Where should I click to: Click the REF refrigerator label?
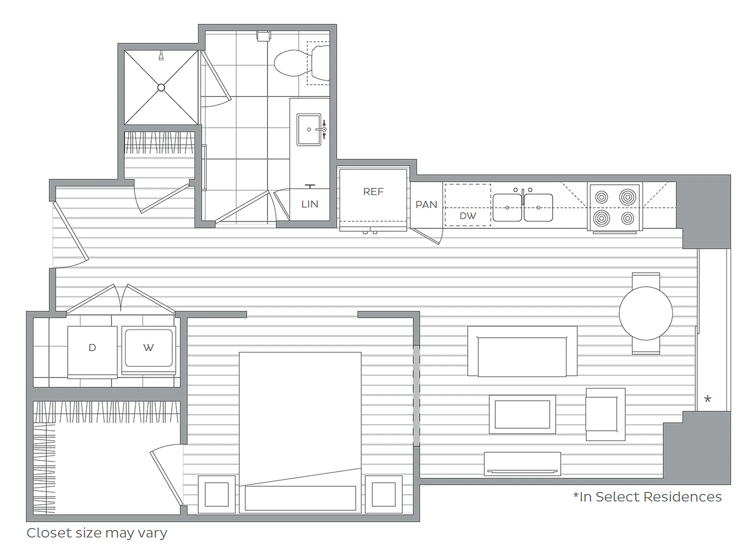click(373, 191)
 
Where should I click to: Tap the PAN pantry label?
click(426, 204)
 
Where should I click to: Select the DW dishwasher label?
click(468, 216)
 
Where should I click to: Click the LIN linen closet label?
click(309, 204)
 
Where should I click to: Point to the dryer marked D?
click(92, 351)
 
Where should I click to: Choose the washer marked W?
click(148, 350)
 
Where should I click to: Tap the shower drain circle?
click(161, 87)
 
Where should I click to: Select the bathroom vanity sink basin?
click(309, 129)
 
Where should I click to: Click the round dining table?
click(646, 313)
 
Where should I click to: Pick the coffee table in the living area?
click(522, 414)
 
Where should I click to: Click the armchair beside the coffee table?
click(605, 414)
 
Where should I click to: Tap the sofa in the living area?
click(522, 351)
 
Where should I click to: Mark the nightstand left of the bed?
click(216, 494)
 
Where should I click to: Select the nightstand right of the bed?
click(384, 494)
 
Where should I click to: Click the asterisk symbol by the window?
click(707, 399)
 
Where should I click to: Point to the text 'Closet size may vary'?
click(97, 533)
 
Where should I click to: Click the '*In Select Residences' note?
click(647, 497)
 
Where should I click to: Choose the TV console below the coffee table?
click(522, 464)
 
